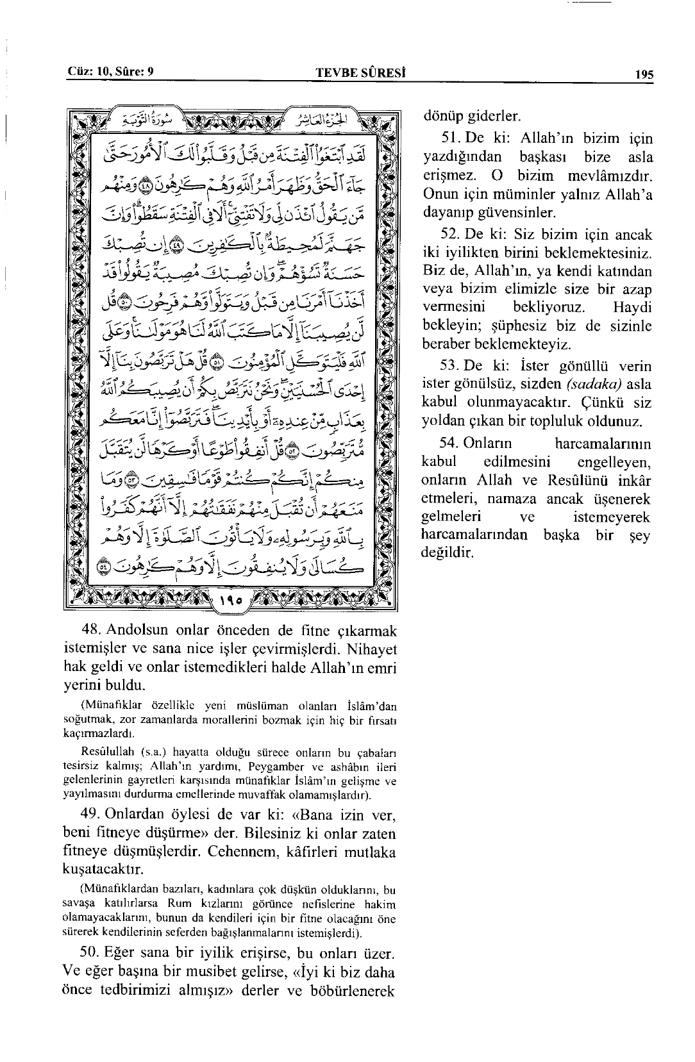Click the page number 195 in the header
tap(644, 74)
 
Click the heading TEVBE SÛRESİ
tap(363, 73)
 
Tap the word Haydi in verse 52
tap(632, 307)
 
